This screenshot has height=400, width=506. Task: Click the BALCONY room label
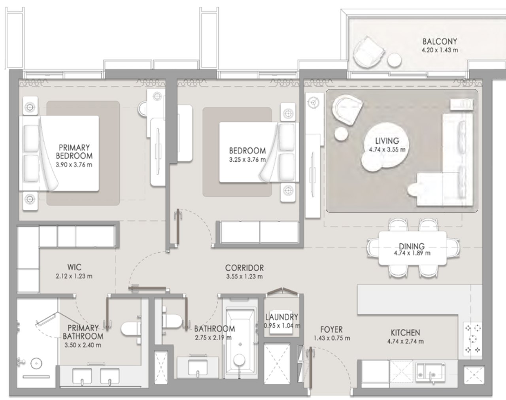[440, 42]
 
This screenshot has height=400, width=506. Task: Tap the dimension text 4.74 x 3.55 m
[387, 149]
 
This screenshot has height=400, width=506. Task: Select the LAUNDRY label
[282, 317]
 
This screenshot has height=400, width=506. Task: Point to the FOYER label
[332, 330]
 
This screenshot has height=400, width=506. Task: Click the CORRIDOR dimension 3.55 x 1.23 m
[245, 276]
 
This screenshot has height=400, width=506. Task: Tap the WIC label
[74, 267]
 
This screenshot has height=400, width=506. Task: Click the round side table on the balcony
[394, 60]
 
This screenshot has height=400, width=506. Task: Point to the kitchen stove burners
[473, 339]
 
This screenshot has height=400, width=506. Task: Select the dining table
[413, 248]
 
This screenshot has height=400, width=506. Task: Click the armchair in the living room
[347, 110]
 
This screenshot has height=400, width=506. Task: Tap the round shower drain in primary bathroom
[36, 364]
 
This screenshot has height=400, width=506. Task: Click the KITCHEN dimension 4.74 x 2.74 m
[406, 341]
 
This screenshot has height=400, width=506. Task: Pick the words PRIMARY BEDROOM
[74, 152]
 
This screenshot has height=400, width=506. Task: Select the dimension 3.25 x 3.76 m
[247, 160]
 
